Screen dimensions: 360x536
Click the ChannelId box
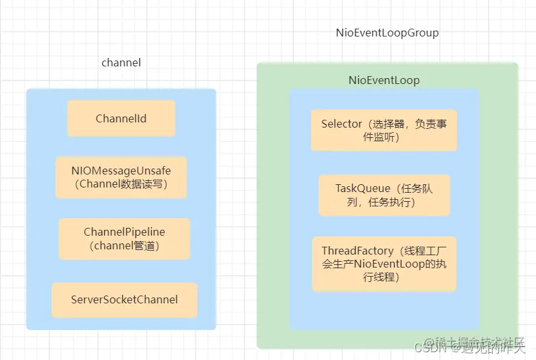(x=121, y=118)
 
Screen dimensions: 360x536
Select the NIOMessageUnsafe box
(x=121, y=177)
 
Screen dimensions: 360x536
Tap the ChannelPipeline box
(x=124, y=238)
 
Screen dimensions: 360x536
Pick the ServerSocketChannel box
(x=124, y=299)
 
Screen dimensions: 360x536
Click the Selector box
(x=384, y=130)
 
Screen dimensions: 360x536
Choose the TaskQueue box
(x=384, y=195)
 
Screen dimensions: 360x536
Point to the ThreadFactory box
(x=384, y=264)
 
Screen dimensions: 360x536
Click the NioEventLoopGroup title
(x=387, y=33)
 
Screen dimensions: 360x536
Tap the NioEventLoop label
(x=384, y=80)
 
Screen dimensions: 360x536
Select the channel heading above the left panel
(x=121, y=62)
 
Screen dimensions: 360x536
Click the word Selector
(x=341, y=124)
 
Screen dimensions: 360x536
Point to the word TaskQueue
(x=363, y=188)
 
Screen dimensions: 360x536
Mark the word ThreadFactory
(x=358, y=251)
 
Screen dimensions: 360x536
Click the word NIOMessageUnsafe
(x=121, y=171)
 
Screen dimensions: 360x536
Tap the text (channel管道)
(x=124, y=245)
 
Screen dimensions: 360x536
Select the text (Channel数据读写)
(x=121, y=184)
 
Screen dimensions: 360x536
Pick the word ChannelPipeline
(x=124, y=232)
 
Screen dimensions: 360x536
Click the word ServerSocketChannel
(x=124, y=299)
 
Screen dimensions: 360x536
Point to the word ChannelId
(x=121, y=118)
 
